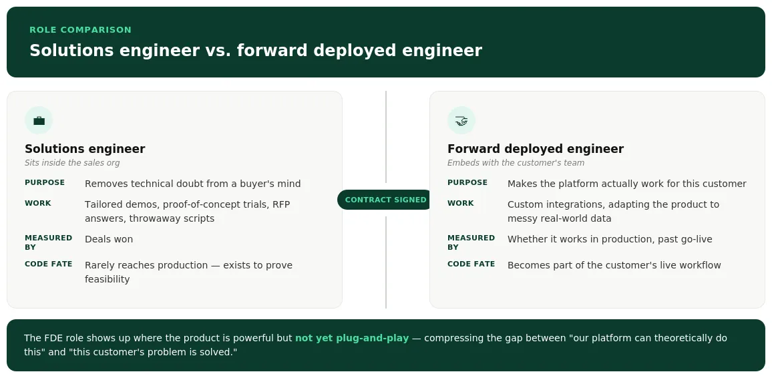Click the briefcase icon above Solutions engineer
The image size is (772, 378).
[39, 121]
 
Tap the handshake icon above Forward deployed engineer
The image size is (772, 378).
[461, 121]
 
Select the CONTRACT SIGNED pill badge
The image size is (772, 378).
[385, 200]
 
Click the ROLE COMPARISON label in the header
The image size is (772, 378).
[80, 29]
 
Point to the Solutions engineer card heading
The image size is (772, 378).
[85, 149]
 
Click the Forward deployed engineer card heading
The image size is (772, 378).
[535, 149]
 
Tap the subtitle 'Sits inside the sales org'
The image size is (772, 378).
[72, 163]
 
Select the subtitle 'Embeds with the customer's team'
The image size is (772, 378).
[516, 163]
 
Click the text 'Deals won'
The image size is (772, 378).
[109, 239]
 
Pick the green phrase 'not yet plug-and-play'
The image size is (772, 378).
[351, 338]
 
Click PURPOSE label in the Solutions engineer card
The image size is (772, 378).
[45, 182]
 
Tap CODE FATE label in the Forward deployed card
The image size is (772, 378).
[471, 264]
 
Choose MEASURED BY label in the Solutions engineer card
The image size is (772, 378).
[48, 242]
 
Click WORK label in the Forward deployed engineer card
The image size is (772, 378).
[460, 203]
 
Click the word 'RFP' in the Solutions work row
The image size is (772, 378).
[281, 204]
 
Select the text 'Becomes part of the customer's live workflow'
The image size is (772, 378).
[614, 265]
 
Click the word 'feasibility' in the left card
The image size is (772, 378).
[107, 279]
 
